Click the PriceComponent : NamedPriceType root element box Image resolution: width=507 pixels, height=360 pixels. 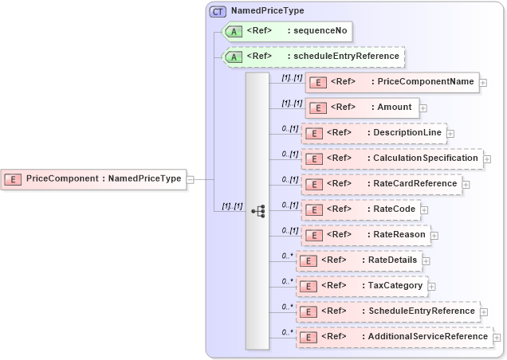93,179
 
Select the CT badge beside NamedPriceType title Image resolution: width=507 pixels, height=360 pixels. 218,12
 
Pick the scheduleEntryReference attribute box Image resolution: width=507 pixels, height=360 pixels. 313,57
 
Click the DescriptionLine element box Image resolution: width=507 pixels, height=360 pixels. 373,133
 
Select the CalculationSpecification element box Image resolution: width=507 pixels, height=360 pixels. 392,158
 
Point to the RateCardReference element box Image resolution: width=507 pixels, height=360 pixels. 381,184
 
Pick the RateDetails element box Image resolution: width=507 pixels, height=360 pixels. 358,260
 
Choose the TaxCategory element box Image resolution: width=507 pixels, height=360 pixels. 361,286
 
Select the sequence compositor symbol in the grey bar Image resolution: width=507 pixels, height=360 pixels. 257,211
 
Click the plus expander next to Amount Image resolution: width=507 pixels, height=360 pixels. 423,108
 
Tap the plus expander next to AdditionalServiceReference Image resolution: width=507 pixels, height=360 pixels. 498,338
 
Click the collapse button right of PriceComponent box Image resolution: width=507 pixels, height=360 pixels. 191,179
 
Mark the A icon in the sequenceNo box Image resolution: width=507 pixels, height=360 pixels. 234,33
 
